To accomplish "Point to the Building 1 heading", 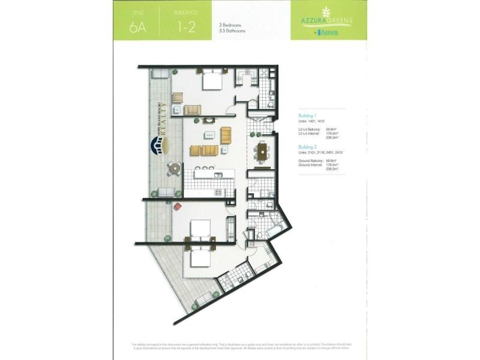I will pyautogui.click(x=308, y=115).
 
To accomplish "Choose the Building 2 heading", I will pyautogui.click(x=308, y=146).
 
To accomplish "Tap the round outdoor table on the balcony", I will pyautogui.click(x=173, y=169).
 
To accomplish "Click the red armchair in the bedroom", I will pyautogui.click(x=178, y=207).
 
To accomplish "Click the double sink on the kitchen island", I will pyautogui.click(x=206, y=166).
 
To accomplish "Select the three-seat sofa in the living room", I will pyautogui.click(x=205, y=150).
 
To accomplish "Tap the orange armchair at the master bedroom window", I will pyautogui.click(x=193, y=110).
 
